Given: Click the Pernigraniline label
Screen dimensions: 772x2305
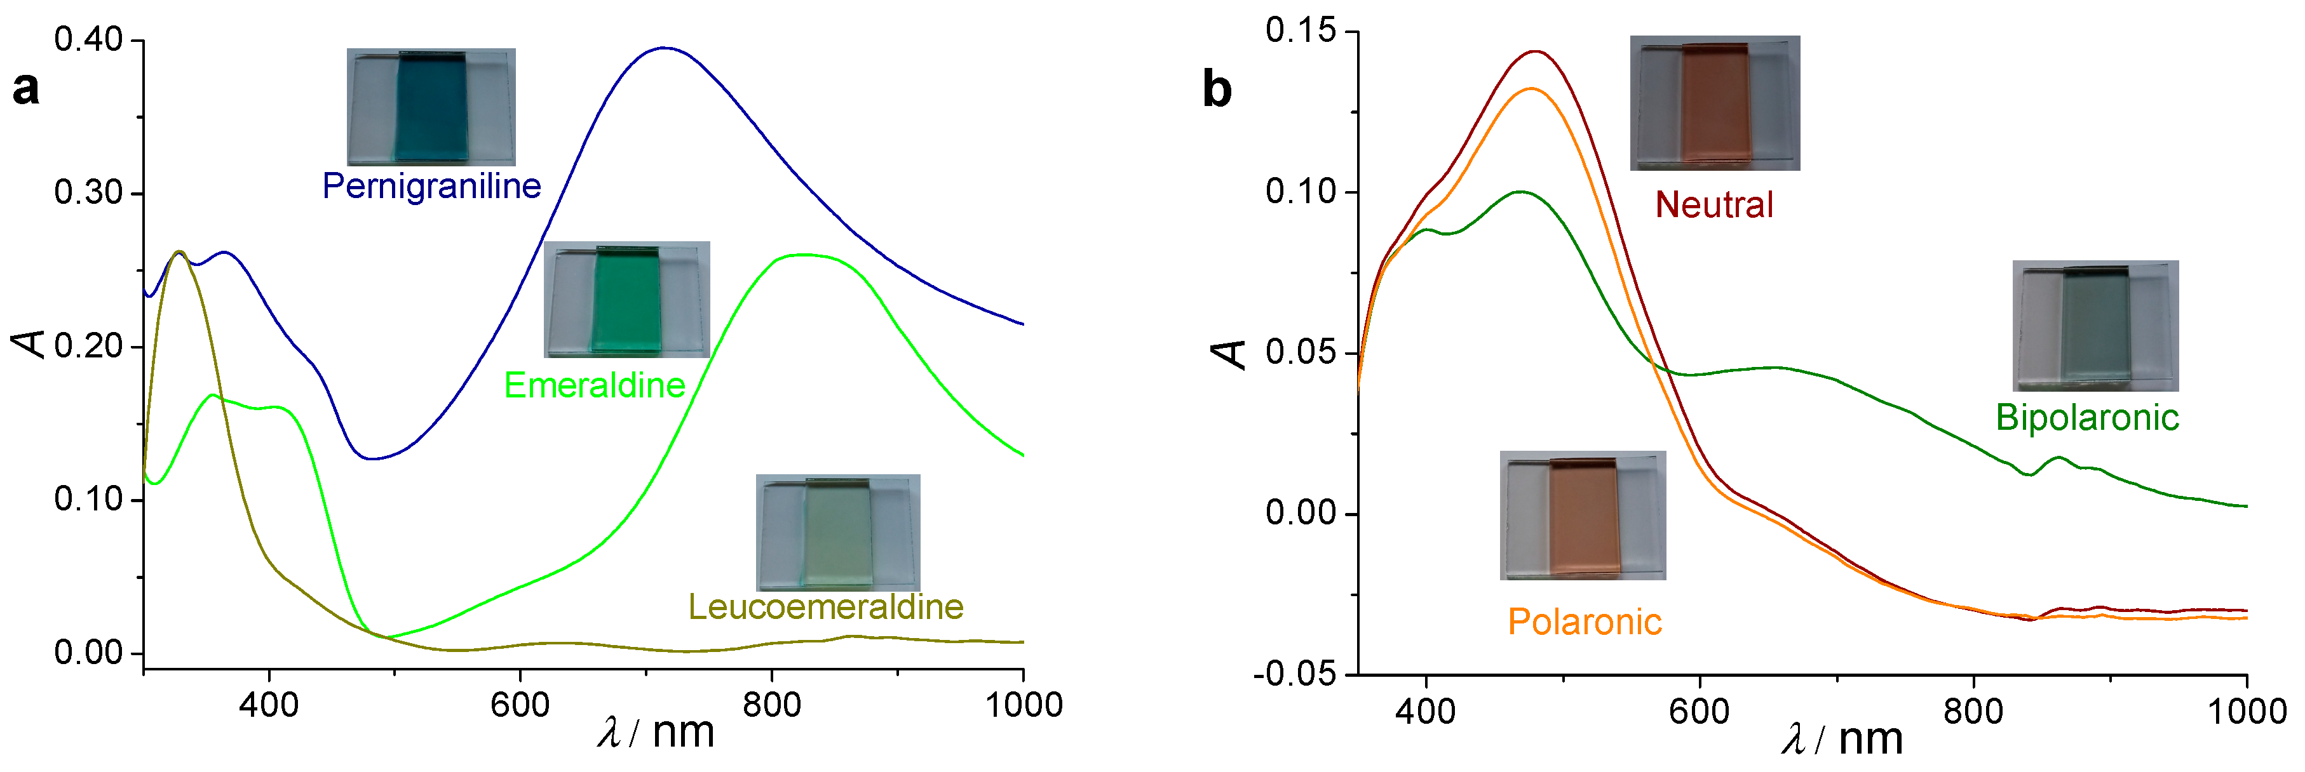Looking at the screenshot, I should coord(431,186).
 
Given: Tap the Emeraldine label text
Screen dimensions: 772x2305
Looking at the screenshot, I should coord(594,385).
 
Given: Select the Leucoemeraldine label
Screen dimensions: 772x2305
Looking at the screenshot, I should coord(825,608).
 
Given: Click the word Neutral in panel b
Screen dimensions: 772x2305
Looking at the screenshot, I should coord(1714,205).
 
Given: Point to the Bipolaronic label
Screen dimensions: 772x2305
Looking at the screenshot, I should coord(2086,418).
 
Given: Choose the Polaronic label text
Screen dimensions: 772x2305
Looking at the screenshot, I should coord(1584,622).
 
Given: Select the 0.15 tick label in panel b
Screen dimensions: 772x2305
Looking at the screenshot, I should coord(1299,30).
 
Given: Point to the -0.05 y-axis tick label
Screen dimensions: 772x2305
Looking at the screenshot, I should coord(1294,674).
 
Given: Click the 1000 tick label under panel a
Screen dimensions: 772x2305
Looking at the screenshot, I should coord(1023,705).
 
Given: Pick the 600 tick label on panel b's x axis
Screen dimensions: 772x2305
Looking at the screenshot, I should coord(1698,712).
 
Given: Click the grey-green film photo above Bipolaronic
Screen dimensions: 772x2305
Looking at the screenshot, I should coord(2095,326).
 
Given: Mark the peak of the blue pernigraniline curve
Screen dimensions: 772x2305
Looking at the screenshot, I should coord(663,48).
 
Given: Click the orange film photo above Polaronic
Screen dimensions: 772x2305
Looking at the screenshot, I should coord(1582,516).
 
